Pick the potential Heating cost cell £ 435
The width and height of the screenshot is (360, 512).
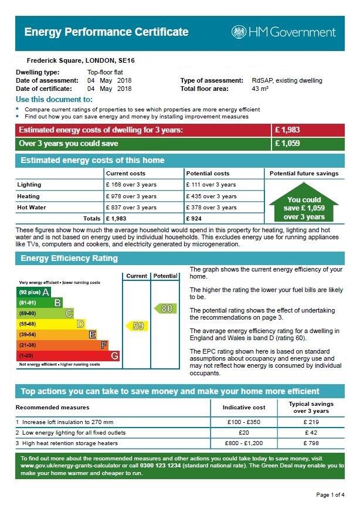click(x=211, y=196)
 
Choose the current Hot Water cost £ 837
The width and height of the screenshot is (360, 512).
click(x=131, y=208)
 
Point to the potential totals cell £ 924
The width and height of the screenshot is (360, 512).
click(x=196, y=219)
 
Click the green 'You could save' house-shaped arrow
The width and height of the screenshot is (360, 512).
click(x=304, y=204)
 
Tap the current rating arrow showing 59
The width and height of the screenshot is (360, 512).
click(x=137, y=325)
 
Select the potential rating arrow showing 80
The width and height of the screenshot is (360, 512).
click(x=165, y=308)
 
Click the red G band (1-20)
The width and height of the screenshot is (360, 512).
click(x=69, y=355)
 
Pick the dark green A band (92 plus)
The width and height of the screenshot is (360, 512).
click(x=34, y=291)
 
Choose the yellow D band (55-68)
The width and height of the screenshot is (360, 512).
click(x=52, y=324)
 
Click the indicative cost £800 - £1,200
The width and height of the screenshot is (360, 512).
click(x=244, y=444)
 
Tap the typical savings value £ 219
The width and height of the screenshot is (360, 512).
click(x=311, y=422)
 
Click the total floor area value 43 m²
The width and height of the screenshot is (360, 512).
click(x=260, y=89)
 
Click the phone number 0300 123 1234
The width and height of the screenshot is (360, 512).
click(x=152, y=466)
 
